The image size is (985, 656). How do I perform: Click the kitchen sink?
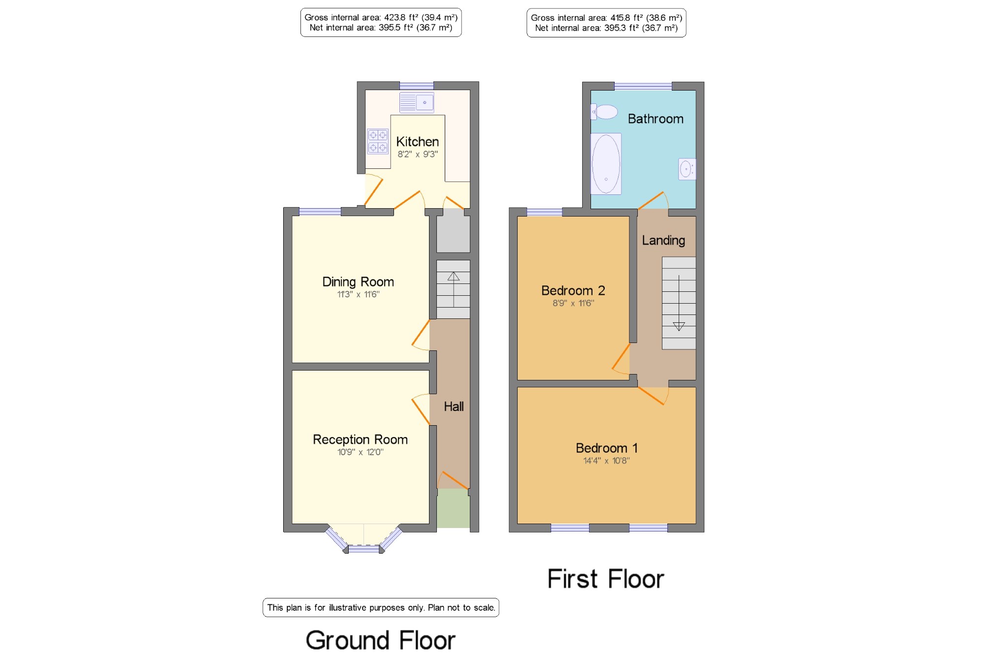[417, 102]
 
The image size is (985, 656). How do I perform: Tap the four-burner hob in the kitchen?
[378, 141]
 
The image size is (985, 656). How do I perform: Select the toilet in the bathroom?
[604, 112]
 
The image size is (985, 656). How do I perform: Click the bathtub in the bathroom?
[606, 164]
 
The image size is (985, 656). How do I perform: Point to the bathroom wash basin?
[687, 169]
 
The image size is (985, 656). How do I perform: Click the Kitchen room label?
[418, 142]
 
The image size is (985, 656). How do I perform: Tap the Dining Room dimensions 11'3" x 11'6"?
[358, 294]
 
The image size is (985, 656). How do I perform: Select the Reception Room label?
[361, 439]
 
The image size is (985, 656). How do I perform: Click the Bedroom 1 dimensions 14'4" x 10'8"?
[606, 461]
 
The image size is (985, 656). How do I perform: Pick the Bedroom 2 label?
[573, 290]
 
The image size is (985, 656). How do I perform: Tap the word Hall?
[454, 406]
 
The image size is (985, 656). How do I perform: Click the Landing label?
[663, 241]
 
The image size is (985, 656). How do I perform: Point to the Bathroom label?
[656, 119]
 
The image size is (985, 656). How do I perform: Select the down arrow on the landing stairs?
[679, 303]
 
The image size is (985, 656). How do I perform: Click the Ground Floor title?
[381, 640]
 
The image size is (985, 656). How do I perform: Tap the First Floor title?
[606, 579]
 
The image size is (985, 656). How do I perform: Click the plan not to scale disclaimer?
[381, 608]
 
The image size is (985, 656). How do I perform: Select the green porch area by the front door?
[453, 508]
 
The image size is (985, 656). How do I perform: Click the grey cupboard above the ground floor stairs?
[453, 230]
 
